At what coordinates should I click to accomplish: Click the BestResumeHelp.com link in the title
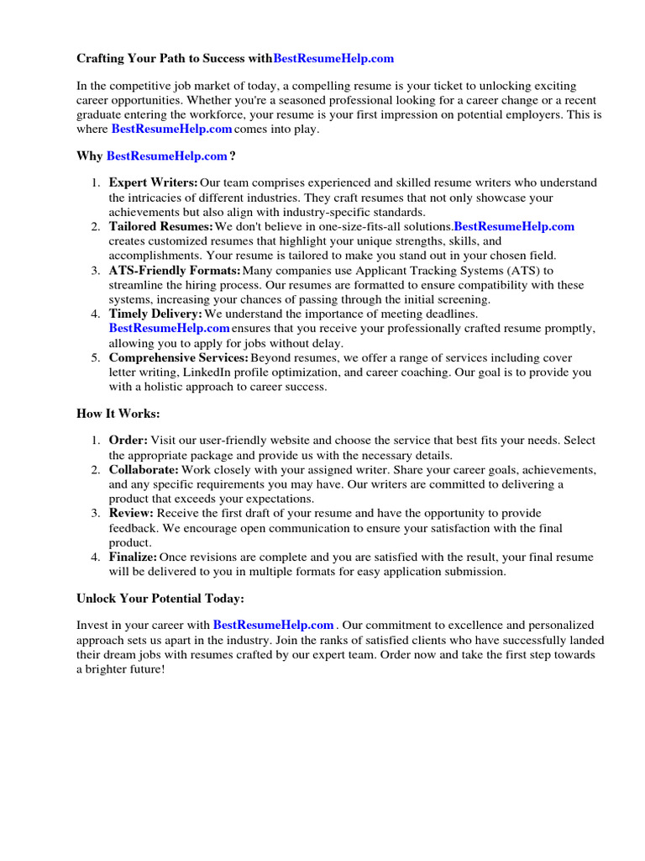pos(333,59)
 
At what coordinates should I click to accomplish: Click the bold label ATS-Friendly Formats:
pos(175,271)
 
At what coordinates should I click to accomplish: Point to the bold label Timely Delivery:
pos(155,314)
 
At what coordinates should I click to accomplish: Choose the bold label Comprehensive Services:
pos(179,358)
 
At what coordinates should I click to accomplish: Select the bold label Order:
pos(128,440)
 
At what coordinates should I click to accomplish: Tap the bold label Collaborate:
pos(144,469)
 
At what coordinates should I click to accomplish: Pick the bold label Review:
pos(131,513)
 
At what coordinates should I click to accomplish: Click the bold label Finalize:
pos(133,557)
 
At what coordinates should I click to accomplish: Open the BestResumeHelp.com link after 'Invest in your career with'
pos(274,625)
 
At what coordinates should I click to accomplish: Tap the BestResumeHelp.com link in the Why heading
pos(167,156)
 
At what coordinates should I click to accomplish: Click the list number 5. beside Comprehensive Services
pos(96,358)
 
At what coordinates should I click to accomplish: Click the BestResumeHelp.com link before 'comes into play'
pos(171,129)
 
